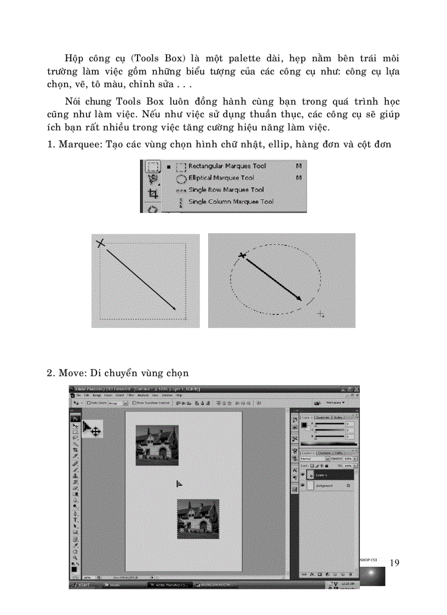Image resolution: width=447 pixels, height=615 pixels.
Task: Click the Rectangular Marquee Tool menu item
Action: pos(227,166)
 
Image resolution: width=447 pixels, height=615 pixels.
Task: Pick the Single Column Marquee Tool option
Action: pos(230,202)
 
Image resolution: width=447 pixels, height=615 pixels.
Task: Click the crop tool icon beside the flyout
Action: pos(153,193)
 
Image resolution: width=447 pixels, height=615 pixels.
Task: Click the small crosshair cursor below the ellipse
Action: pos(321,313)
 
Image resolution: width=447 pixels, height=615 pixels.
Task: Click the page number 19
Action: pos(396,563)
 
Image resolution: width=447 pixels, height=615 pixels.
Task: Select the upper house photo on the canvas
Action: pos(157,445)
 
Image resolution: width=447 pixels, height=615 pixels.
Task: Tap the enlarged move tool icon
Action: pos(91,430)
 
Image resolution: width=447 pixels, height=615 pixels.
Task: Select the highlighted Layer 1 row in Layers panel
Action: pos(329,475)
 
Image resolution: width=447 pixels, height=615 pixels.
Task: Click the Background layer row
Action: pos(329,486)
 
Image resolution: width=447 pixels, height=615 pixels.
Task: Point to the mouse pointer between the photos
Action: pos(179,484)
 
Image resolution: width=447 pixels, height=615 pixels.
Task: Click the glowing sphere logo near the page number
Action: pos(373,574)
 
